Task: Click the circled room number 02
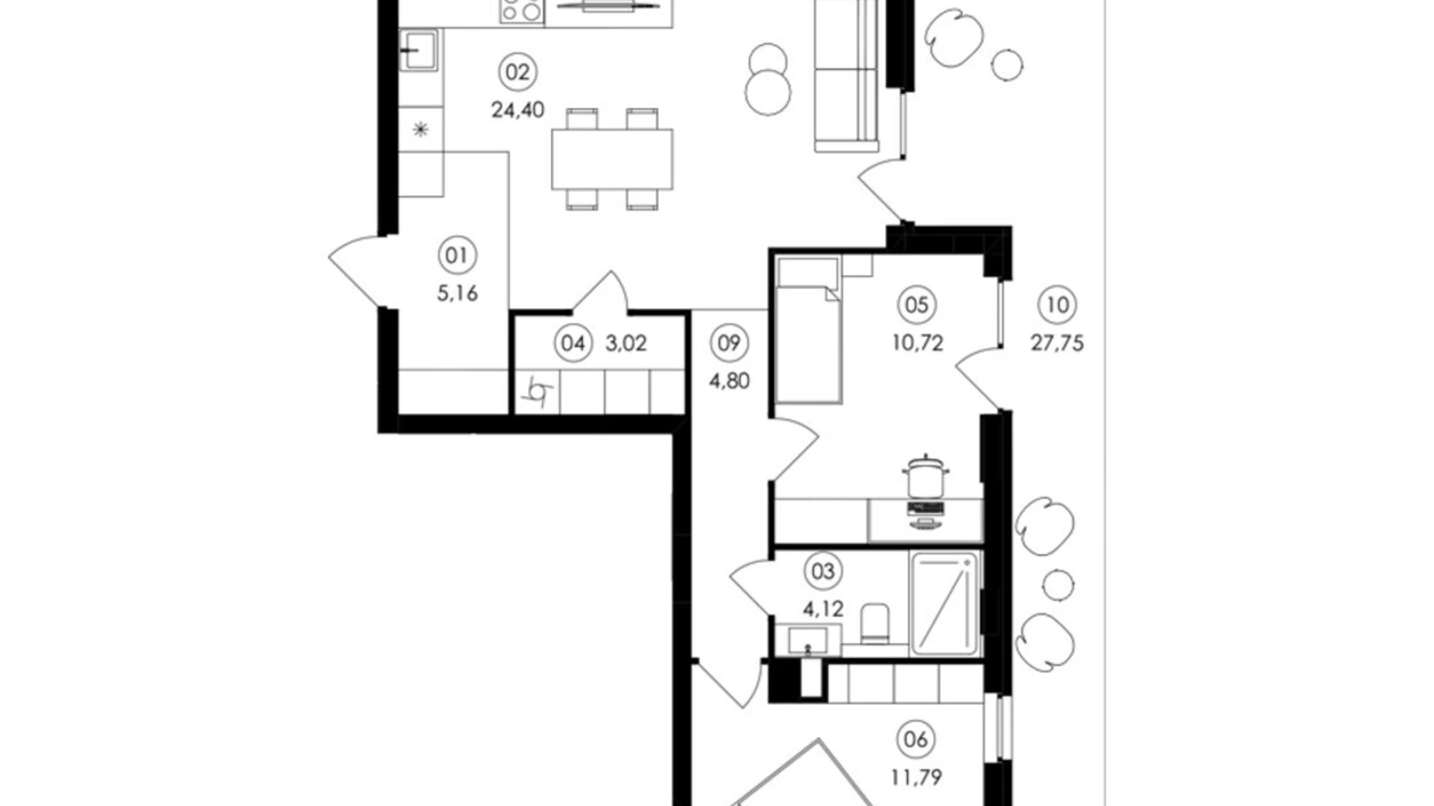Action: coord(517,72)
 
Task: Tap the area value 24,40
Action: coord(518,110)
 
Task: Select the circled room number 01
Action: coord(457,255)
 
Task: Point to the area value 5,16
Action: coord(457,293)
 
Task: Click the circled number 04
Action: coord(573,343)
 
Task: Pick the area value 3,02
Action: coord(626,343)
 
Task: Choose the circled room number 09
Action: coord(729,343)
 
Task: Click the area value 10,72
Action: coord(917,343)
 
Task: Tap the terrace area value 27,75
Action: coord(1057,343)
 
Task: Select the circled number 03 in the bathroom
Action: coord(822,571)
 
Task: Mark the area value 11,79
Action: coord(916,777)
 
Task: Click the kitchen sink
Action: coord(419,50)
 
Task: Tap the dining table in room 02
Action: coord(612,159)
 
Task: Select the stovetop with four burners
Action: coord(522,12)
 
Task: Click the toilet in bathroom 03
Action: coord(875,624)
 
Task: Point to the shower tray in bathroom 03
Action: coord(944,604)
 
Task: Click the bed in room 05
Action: coord(808,330)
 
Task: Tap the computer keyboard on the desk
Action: coord(926,508)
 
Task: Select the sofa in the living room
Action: coord(846,76)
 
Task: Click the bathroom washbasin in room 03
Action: coord(808,640)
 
